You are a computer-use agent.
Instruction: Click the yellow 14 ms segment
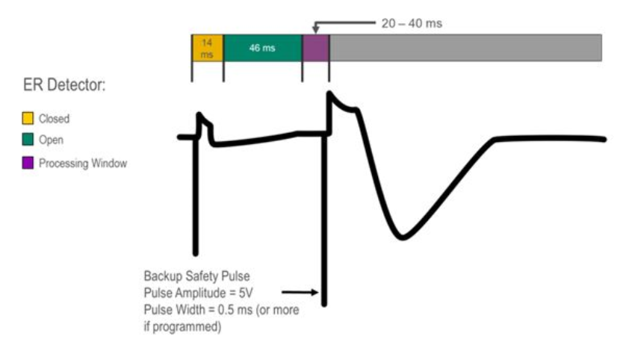point(208,48)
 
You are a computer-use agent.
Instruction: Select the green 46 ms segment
point(262,48)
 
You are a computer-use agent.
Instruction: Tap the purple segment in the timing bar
point(315,48)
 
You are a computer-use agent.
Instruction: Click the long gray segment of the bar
point(465,48)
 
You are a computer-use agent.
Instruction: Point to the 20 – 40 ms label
point(412,23)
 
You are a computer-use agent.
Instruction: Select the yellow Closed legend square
point(28,118)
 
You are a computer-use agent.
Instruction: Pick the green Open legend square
point(28,140)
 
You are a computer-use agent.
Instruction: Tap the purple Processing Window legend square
point(28,163)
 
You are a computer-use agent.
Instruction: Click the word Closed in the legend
point(54,118)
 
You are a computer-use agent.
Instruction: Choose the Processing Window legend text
point(83,163)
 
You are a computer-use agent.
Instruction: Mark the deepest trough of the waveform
point(402,238)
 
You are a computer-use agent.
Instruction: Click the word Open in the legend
point(51,140)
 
